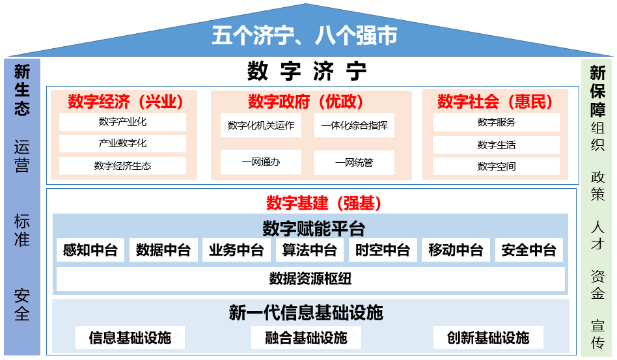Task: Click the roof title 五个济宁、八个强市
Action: (x=305, y=35)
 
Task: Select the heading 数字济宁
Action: (x=307, y=71)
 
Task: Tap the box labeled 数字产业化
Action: (x=122, y=122)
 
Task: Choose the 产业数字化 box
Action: (x=122, y=143)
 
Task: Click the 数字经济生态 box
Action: (x=122, y=165)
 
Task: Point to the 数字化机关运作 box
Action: (x=261, y=126)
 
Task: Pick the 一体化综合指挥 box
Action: (x=354, y=126)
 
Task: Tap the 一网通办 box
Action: (x=261, y=162)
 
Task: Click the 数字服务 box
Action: (x=496, y=122)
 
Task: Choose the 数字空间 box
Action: (x=496, y=167)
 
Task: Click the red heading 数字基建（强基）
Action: (x=324, y=203)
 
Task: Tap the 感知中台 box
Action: (x=90, y=250)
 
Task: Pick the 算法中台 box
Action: (x=310, y=250)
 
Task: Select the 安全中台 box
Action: (x=529, y=250)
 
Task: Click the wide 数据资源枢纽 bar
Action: (x=310, y=279)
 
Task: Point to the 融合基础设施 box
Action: (x=306, y=338)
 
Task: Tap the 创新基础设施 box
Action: (x=488, y=338)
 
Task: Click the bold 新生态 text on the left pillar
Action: (x=22, y=90)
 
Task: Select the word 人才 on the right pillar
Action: (x=597, y=235)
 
